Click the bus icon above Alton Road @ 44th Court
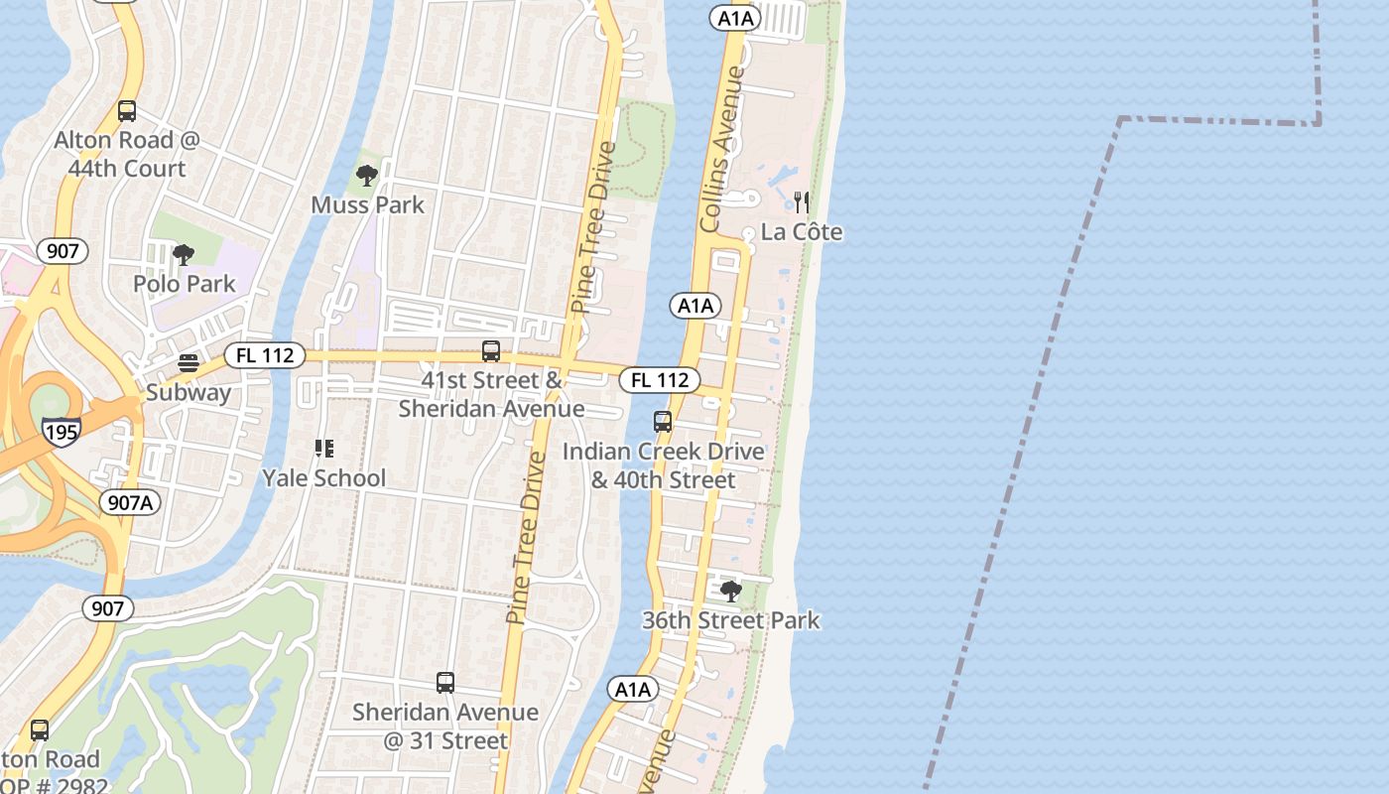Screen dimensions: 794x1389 pyautogui.click(x=126, y=111)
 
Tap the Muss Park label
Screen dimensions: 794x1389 pyautogui.click(x=367, y=205)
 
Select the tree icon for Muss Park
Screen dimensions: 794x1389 pyautogui.click(x=367, y=177)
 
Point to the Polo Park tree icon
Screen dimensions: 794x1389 pyautogui.click(x=184, y=255)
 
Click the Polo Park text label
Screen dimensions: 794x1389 pyautogui.click(x=185, y=284)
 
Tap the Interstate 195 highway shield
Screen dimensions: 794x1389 pyautogui.click(x=62, y=432)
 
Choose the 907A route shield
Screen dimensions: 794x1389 pyautogui.click(x=130, y=502)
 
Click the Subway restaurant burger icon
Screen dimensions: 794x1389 pyautogui.click(x=189, y=363)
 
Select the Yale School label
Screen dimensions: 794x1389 pyautogui.click(x=323, y=478)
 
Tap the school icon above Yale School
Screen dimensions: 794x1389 pyautogui.click(x=323, y=449)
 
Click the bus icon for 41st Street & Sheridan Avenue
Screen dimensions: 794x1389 pyautogui.click(x=490, y=350)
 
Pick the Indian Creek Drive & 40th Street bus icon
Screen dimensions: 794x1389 pyautogui.click(x=663, y=422)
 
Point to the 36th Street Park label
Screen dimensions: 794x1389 pyautogui.click(x=731, y=621)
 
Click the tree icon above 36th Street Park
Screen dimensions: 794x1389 pyautogui.click(x=731, y=592)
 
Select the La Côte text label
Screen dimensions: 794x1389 pyautogui.click(x=802, y=232)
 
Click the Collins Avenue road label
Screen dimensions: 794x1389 pyautogui.click(x=722, y=149)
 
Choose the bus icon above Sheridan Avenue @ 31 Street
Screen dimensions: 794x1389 pyautogui.click(x=445, y=683)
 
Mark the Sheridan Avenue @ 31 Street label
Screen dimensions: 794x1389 pyautogui.click(x=445, y=727)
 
